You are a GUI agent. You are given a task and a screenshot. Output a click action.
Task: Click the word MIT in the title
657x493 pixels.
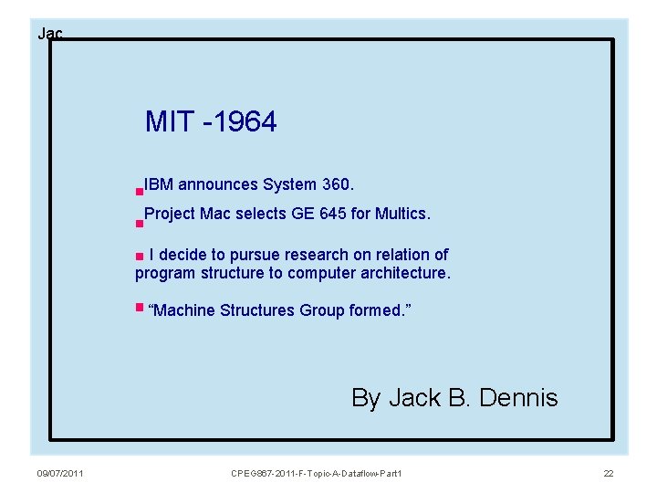tap(169, 121)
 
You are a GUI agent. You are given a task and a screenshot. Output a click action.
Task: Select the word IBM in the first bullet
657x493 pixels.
tap(158, 184)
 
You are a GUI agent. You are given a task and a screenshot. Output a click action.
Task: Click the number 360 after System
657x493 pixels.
tap(337, 184)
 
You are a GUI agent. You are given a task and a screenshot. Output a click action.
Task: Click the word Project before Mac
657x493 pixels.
tap(169, 214)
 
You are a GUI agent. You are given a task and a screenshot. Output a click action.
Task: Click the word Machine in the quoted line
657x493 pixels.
tap(181, 310)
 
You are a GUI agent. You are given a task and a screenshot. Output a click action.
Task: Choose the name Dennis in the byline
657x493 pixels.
tap(519, 398)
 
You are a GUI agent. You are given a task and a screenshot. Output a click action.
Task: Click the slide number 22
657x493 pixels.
tap(609, 473)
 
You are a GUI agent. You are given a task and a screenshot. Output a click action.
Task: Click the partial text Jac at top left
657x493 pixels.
tap(49, 34)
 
